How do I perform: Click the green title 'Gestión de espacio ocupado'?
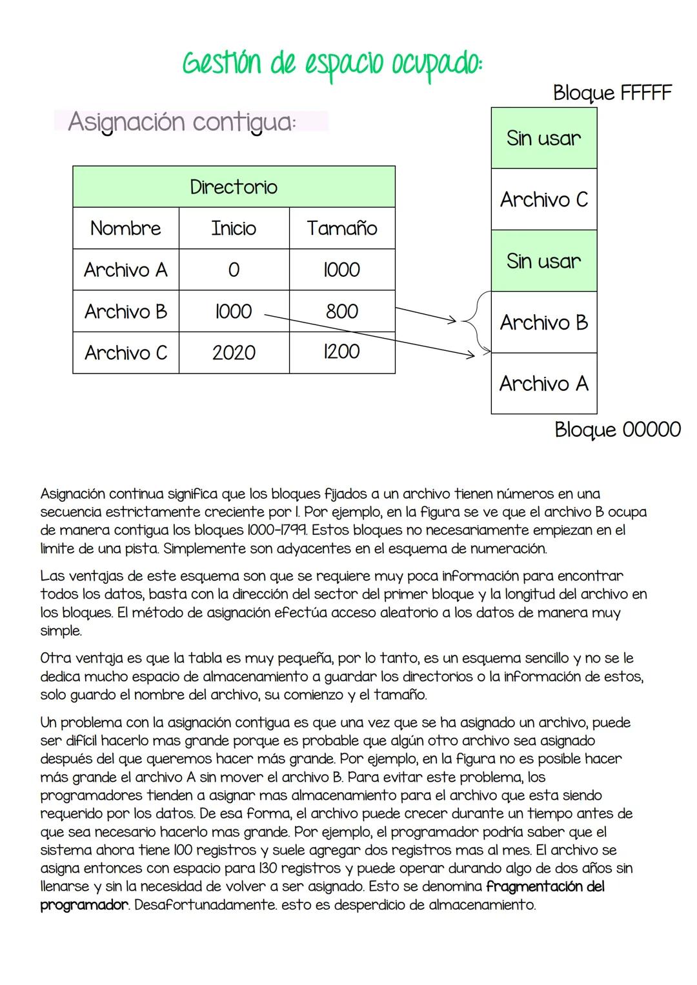[x=332, y=65]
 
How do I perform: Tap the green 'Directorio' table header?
[x=234, y=187]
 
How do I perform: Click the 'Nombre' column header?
[x=126, y=228]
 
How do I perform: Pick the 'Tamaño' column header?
[x=341, y=228]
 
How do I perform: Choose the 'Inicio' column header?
[x=234, y=228]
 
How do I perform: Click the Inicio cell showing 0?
[x=234, y=270]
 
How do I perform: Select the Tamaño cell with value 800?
[x=341, y=311]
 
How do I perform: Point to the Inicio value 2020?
[x=234, y=353]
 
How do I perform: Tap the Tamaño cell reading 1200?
[x=341, y=352]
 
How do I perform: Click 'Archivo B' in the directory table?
[x=126, y=312]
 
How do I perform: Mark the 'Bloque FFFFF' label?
[x=612, y=93]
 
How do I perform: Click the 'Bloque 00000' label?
[x=617, y=430]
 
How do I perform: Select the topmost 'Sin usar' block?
[x=543, y=138]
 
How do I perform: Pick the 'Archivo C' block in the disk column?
[x=543, y=199]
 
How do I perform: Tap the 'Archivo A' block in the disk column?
[x=543, y=384]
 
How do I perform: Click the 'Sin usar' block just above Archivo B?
[x=543, y=261]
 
